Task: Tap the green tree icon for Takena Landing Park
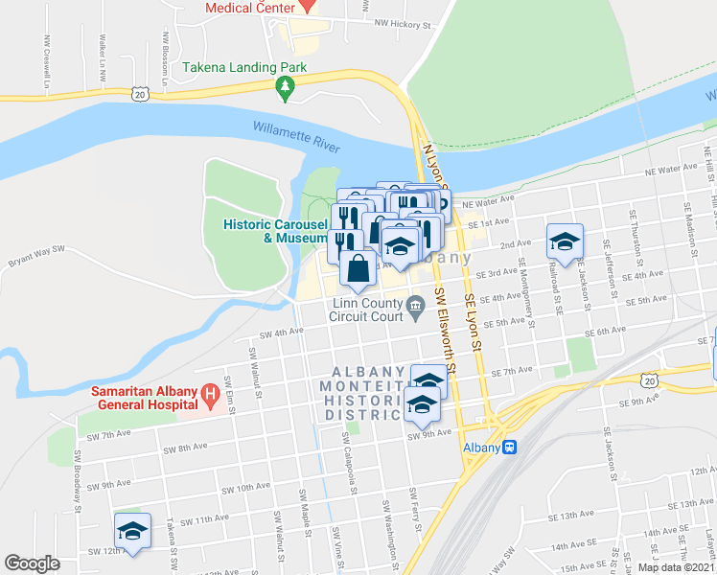[x=285, y=89]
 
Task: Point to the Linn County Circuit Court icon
[x=416, y=307]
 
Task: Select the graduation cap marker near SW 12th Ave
[x=133, y=531]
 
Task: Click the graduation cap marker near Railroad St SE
[x=566, y=241]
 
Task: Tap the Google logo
[x=32, y=563]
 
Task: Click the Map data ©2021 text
[x=676, y=567]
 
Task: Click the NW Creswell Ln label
[x=45, y=66]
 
